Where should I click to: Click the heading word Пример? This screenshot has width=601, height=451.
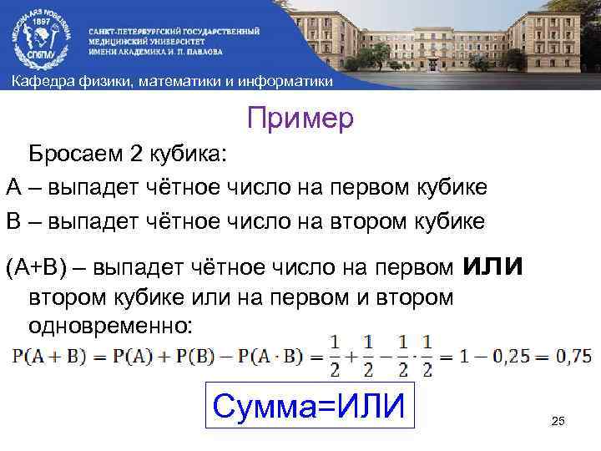(x=300, y=118)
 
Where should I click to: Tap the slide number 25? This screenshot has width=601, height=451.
(x=558, y=420)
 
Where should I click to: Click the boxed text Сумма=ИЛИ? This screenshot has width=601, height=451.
(x=309, y=407)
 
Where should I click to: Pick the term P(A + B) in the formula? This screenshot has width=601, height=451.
(x=45, y=357)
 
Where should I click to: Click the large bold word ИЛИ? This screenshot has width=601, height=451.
(x=492, y=266)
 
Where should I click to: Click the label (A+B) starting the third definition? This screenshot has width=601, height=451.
(x=33, y=269)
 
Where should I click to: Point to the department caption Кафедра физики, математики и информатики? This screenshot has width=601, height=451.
(x=171, y=81)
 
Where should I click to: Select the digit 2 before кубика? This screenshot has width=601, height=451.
(x=136, y=155)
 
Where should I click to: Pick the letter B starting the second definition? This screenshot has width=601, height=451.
(x=13, y=221)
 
